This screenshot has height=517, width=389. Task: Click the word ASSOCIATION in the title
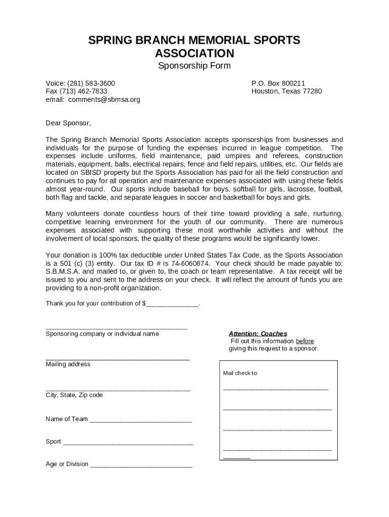[x=194, y=53]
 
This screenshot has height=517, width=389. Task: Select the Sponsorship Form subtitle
[x=194, y=66]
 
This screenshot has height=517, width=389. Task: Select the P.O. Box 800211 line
[x=278, y=83]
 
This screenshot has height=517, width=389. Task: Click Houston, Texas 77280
[x=286, y=91]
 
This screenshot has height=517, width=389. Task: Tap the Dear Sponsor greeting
[x=69, y=123]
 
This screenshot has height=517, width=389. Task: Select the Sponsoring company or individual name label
[x=102, y=334]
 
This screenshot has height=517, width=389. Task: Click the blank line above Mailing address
[x=118, y=358]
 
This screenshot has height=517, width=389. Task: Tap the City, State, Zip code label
[x=74, y=395]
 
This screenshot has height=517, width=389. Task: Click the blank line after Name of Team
[x=140, y=420]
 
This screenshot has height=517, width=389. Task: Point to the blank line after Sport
[x=128, y=443]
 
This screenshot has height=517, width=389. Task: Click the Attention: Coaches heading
[x=258, y=334]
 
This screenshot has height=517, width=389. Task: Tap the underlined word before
[x=305, y=341]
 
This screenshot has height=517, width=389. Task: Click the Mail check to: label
[x=240, y=373]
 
